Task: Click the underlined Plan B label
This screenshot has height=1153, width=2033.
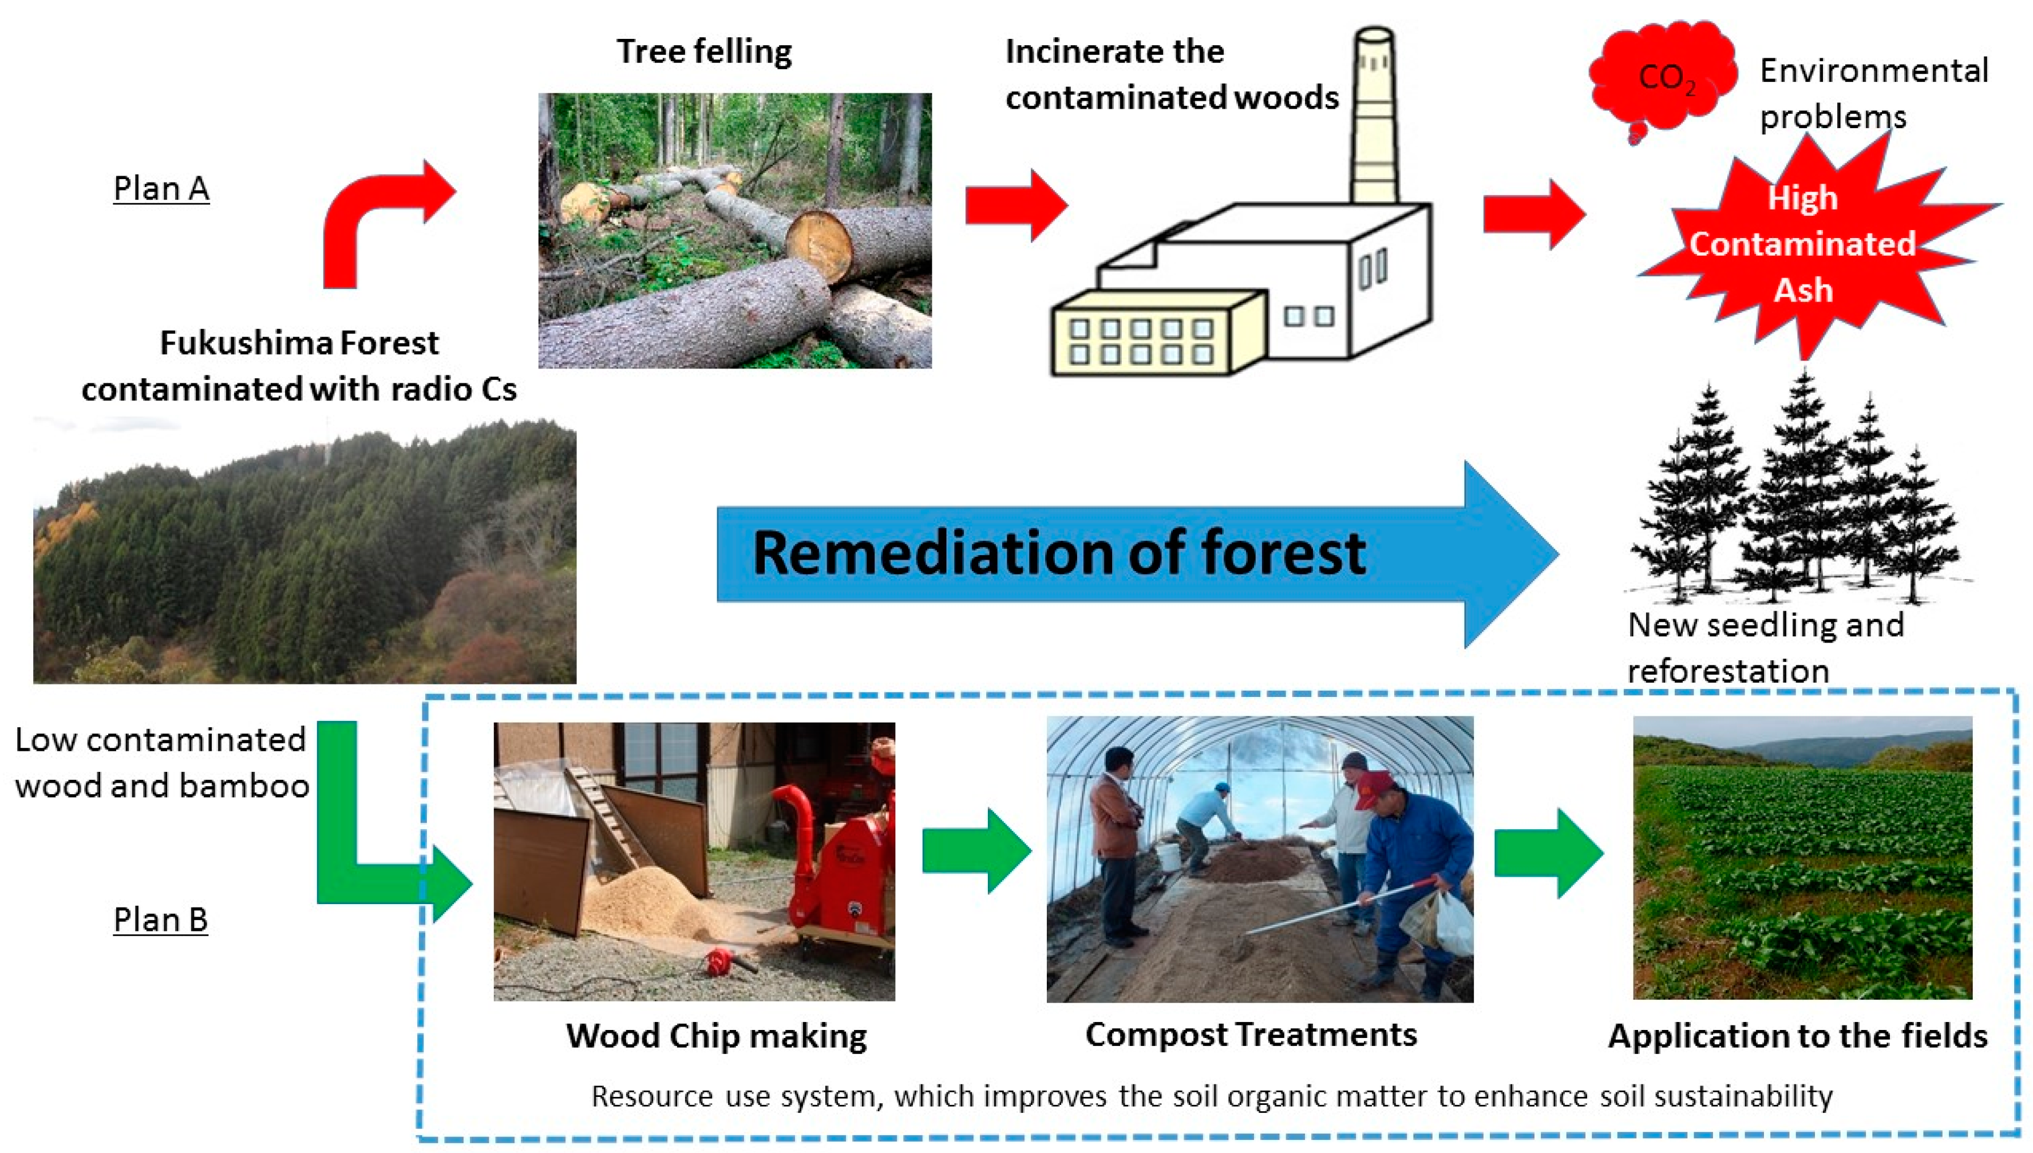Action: tap(161, 920)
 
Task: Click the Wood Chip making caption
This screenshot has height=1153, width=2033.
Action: tap(716, 1036)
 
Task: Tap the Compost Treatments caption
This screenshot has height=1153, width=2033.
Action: tap(1251, 1034)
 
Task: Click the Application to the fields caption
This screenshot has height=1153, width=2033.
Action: tap(1797, 1036)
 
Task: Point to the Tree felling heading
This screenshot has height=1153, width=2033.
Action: tap(704, 52)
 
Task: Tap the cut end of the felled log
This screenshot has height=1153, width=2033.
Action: tap(819, 245)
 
